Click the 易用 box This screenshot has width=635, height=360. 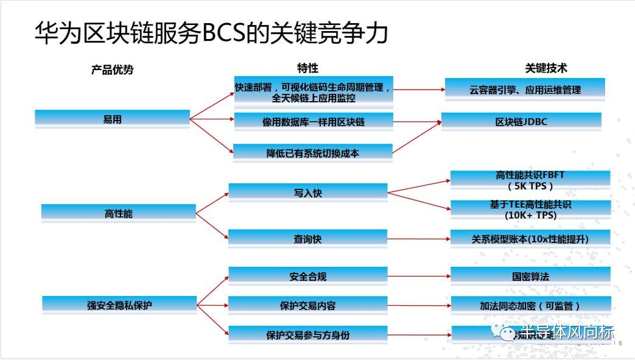(x=113, y=119)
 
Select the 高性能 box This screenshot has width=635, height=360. (x=118, y=214)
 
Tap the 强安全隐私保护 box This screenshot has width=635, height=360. (x=119, y=305)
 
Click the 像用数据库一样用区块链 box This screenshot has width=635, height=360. (x=313, y=122)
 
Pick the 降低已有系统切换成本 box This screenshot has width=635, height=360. (x=313, y=153)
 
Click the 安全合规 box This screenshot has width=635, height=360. (x=307, y=276)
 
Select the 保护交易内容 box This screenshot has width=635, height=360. (x=307, y=305)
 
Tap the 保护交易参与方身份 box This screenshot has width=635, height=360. (x=307, y=334)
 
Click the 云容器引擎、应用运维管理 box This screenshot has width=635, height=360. (x=525, y=90)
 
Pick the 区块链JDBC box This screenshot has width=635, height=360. (x=521, y=121)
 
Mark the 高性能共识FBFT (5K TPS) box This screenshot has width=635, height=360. (x=530, y=180)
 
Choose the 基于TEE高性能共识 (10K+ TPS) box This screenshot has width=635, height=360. (x=530, y=210)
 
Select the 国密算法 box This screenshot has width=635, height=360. (x=530, y=276)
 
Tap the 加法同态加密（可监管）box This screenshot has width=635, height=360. (x=530, y=305)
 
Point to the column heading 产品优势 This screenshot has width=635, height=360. (x=112, y=69)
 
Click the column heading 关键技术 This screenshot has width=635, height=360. (x=546, y=68)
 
